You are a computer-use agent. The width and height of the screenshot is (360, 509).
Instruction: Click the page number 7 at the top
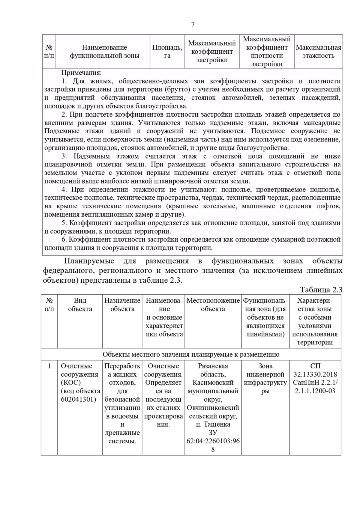193,25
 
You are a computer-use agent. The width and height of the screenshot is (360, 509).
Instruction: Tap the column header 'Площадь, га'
167,52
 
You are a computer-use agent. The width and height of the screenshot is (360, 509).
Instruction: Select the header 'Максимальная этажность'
318,52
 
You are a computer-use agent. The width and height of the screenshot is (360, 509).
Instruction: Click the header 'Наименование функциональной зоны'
104,52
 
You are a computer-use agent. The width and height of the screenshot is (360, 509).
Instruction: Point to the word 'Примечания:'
82,73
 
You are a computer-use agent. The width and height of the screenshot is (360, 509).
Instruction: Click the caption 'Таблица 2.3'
321,290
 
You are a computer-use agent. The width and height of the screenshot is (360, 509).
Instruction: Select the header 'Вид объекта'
80,305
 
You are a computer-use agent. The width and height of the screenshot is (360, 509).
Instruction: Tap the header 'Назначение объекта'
122,305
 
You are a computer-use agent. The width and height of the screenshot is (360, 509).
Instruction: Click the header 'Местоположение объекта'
213,305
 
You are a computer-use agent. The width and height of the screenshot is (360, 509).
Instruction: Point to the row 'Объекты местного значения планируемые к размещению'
191,355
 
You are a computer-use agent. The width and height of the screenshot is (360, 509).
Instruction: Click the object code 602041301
79,400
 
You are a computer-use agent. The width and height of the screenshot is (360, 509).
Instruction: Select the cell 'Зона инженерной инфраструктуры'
265,379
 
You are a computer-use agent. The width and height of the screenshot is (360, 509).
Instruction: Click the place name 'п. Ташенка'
213,424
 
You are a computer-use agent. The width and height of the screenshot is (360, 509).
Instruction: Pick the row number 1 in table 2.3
49,366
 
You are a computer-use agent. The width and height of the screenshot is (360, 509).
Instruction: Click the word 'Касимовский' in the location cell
213,383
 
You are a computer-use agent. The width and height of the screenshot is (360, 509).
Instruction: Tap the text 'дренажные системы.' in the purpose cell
122,437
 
